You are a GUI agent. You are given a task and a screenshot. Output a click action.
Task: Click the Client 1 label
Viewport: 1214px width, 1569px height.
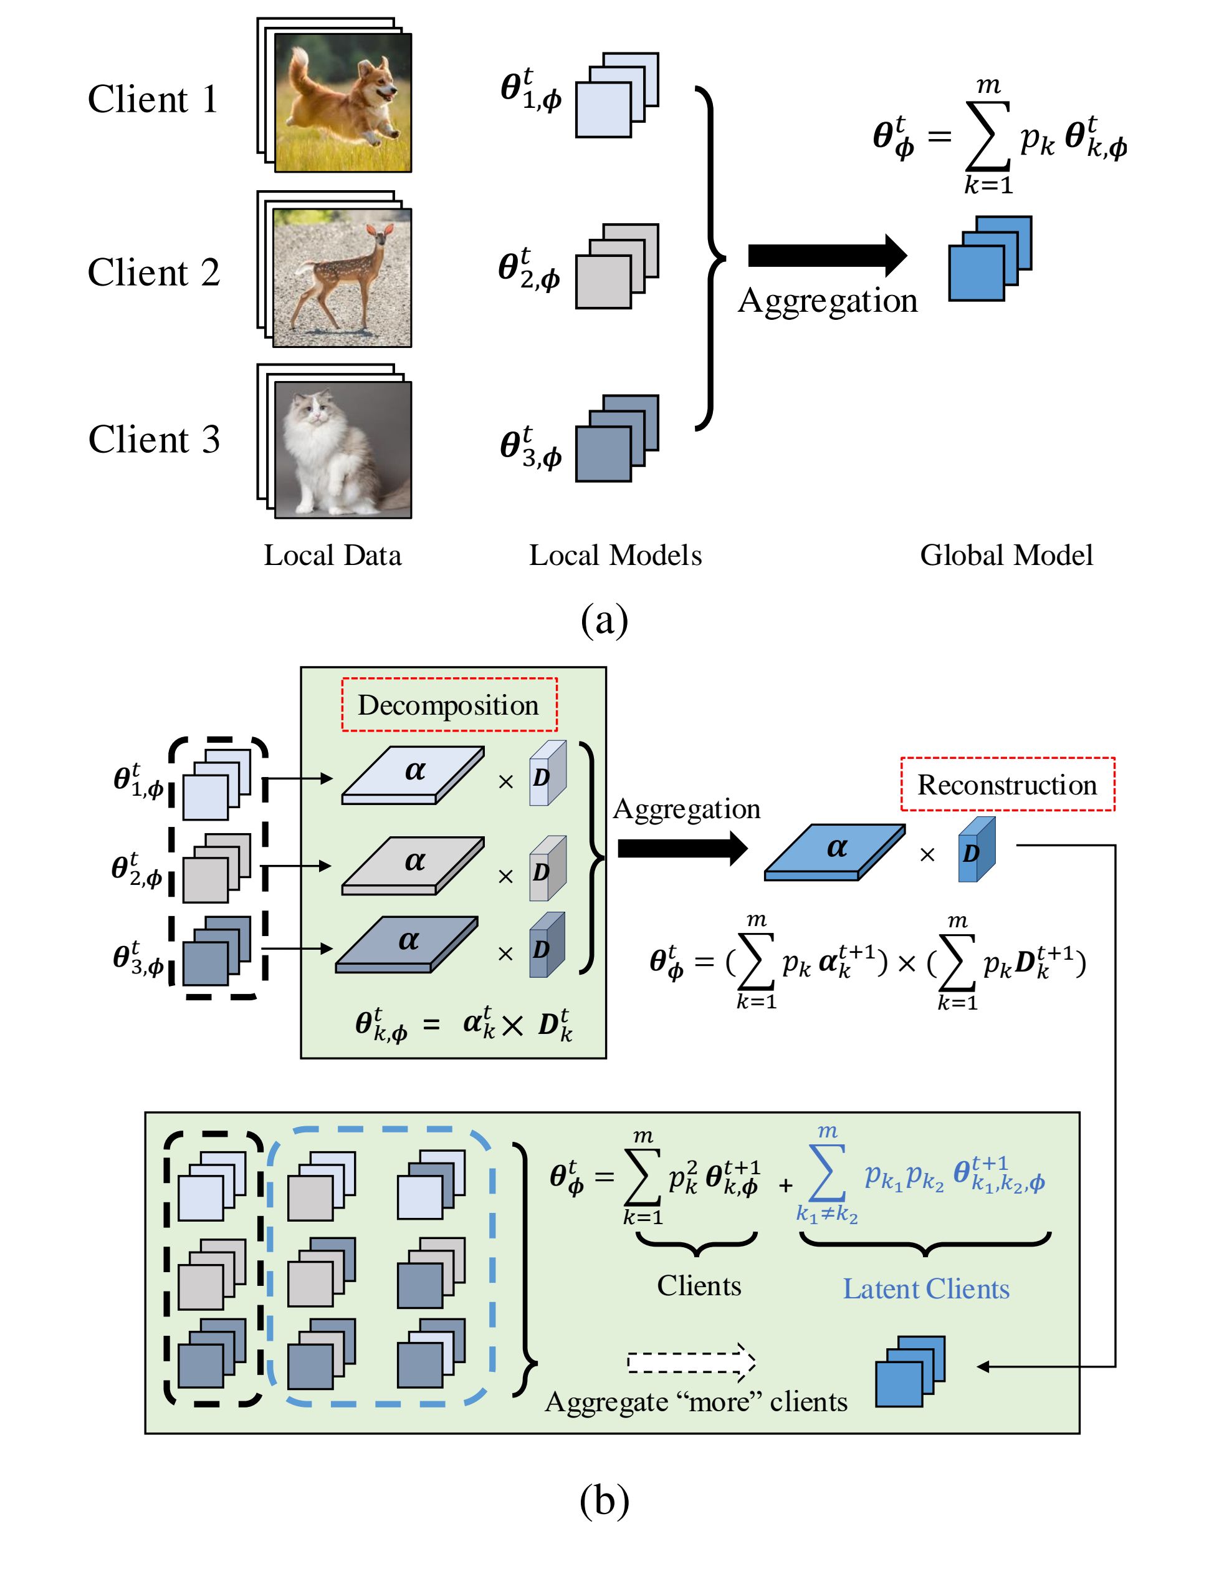152,99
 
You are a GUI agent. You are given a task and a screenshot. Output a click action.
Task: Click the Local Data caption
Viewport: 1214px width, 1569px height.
332,556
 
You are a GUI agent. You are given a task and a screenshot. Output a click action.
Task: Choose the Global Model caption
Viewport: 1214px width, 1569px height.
1006,556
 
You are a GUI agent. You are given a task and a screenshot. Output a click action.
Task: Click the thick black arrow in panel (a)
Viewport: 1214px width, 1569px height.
826,255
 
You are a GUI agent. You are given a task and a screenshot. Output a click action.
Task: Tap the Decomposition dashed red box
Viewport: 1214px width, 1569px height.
449,705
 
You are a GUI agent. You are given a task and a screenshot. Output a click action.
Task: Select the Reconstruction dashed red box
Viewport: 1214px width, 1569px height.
1007,784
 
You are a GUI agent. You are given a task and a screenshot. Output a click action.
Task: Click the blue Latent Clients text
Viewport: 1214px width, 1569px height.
925,1289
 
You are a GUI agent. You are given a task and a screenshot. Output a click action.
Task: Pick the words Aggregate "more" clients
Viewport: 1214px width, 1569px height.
695,1402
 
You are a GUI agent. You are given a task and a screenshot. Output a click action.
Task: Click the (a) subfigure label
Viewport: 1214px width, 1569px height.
604,619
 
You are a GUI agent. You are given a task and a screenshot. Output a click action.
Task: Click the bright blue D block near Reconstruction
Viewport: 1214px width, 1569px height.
977,850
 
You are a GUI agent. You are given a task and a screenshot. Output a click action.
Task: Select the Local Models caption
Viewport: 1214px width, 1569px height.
615,556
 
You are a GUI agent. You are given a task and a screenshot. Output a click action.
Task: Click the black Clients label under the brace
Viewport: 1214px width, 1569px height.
699,1286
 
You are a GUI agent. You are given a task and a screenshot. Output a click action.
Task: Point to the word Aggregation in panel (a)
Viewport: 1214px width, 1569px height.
827,301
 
